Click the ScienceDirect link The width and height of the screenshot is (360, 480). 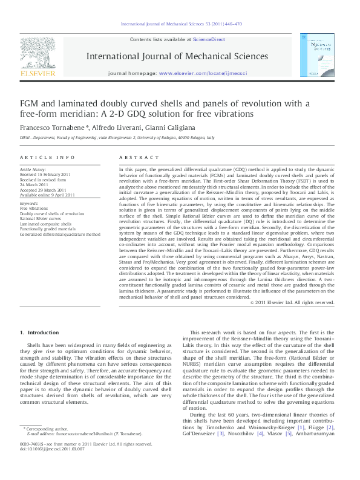[209, 39]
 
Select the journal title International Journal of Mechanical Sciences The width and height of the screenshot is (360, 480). [178, 56]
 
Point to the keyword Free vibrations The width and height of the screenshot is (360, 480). [33, 209]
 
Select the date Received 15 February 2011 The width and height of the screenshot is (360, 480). [46, 175]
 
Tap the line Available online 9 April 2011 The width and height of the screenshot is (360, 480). [48, 195]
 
